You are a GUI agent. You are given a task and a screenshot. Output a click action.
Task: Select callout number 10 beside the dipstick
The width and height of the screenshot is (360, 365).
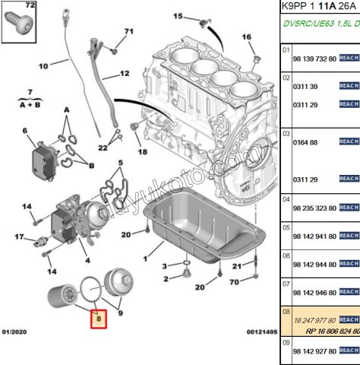pos(43,65)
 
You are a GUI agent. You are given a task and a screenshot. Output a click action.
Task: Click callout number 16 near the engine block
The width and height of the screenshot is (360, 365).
pos(247,36)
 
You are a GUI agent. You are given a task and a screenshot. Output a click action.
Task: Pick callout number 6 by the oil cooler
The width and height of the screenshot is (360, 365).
pos(24,131)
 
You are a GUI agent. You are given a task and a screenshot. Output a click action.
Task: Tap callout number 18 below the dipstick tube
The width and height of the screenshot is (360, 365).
pos(142,152)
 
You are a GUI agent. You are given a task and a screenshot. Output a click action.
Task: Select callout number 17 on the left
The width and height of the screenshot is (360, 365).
pos(21,237)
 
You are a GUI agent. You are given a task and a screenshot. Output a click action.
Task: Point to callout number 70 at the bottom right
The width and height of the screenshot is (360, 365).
pos(234,283)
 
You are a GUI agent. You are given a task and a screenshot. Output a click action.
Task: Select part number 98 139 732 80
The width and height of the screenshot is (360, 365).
pos(315,58)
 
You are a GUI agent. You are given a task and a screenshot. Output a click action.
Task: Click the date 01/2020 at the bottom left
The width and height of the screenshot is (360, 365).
pos(15,354)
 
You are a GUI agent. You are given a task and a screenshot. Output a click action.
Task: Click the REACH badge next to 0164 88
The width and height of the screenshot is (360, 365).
pos(349,141)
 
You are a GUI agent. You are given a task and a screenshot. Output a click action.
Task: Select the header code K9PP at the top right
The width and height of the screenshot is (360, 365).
pos(296,7)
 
